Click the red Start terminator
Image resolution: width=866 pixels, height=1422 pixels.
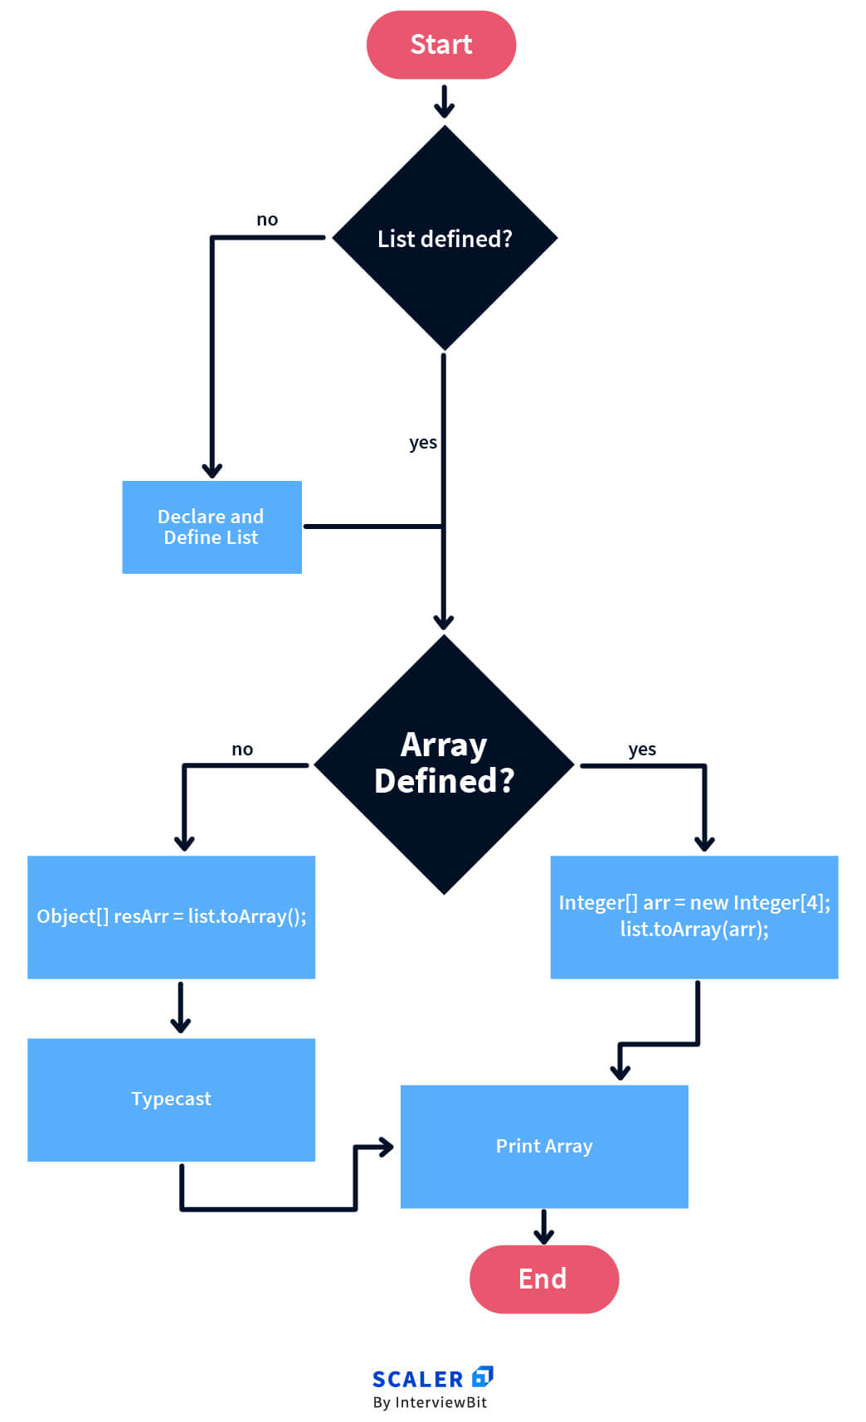point(441,45)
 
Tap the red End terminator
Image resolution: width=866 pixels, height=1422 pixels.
point(543,1279)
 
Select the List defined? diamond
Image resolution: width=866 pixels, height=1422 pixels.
point(445,238)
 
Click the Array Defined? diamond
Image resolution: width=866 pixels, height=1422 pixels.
point(445,764)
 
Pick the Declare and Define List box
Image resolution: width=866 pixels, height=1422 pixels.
point(212,527)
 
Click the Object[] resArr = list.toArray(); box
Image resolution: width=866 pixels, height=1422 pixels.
point(171,916)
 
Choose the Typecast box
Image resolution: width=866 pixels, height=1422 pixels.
point(171,1099)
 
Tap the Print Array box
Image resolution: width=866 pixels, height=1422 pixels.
point(544,1146)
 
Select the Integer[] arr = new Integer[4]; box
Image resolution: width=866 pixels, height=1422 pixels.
point(694,916)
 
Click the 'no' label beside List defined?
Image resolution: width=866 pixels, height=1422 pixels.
point(267,220)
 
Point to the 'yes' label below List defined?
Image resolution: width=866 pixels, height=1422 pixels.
point(423,443)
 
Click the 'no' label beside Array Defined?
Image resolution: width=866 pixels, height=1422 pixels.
point(242,750)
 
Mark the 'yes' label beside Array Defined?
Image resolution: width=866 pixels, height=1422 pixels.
point(642,750)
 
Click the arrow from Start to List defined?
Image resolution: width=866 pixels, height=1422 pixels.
point(445,101)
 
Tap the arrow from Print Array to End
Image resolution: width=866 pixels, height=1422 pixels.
point(543,1226)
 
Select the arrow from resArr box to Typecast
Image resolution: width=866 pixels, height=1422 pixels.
point(180,1008)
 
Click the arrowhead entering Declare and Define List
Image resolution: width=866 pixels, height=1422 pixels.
point(212,470)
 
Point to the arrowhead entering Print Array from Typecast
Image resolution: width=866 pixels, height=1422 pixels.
point(386,1148)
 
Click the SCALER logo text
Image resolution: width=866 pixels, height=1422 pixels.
point(417,1379)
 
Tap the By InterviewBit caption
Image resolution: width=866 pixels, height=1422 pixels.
point(430,1402)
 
